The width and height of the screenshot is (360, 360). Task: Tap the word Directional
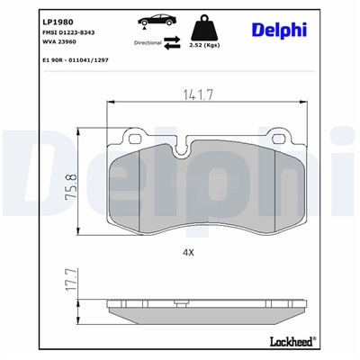click(x=148, y=42)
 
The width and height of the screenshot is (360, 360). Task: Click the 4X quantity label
click(x=188, y=253)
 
